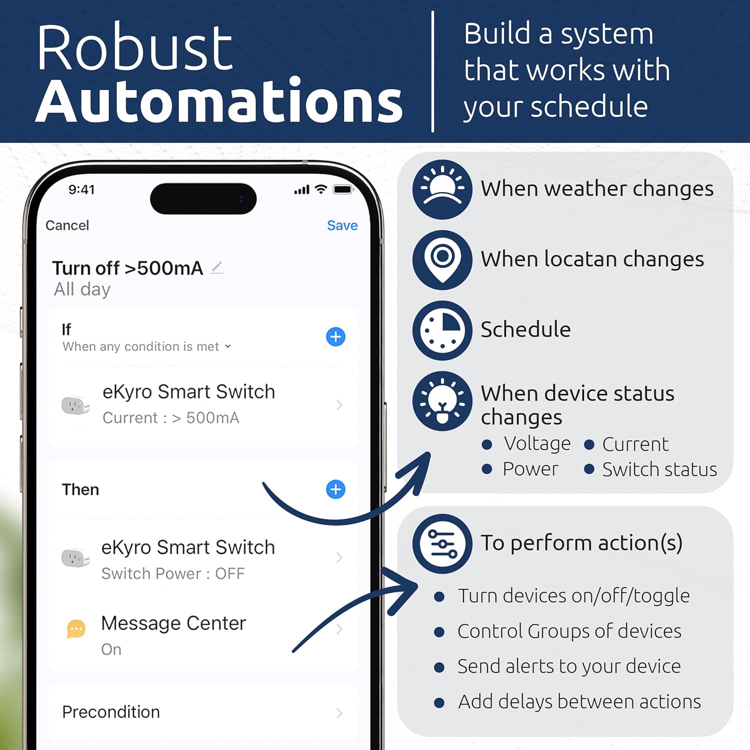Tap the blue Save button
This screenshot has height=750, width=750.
pos(342,225)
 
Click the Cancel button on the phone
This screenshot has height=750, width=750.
pos(67,225)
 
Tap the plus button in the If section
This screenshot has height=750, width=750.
pos(335,336)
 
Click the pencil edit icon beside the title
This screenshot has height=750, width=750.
pos(217,268)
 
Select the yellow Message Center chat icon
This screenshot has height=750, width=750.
pos(76,628)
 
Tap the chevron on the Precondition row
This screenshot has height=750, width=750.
pos(339,713)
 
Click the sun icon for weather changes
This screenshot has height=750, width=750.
pos(442,189)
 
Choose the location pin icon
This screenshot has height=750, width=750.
pos(442,259)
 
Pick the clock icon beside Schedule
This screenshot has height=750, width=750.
pos(442,330)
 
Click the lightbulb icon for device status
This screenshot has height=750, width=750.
pos(442,401)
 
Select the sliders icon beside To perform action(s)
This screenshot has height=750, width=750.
pos(442,543)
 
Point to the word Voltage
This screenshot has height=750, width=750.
pos(537,443)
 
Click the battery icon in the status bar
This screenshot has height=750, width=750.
pos(343,189)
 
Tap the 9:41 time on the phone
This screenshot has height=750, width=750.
pos(81,189)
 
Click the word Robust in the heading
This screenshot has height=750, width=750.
pos(134,48)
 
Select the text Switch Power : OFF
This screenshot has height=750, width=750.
pos(173,573)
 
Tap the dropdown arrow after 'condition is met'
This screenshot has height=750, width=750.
pos(228,346)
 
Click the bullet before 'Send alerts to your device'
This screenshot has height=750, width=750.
pos(439,667)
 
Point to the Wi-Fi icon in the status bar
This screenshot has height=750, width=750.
pos(321,189)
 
